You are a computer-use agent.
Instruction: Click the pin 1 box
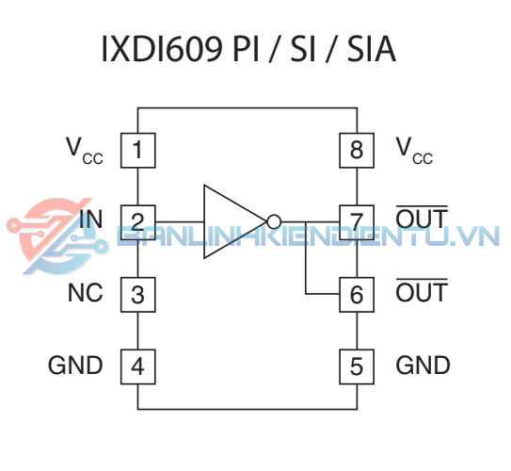pyautogui.click(x=137, y=151)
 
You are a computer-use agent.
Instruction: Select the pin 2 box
pyautogui.click(x=137, y=222)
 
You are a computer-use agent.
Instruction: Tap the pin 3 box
pyautogui.click(x=137, y=295)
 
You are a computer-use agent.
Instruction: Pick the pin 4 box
pyautogui.click(x=137, y=366)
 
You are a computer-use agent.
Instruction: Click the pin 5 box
pyautogui.click(x=357, y=366)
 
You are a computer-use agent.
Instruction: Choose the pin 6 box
pyautogui.click(x=357, y=295)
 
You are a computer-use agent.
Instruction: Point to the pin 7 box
pyautogui.click(x=357, y=222)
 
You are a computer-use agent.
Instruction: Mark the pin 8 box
pyautogui.click(x=357, y=151)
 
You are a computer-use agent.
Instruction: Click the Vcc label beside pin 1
pyautogui.click(x=85, y=151)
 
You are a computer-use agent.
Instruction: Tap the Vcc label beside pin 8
pyautogui.click(x=414, y=151)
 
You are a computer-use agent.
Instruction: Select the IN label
pyautogui.click(x=91, y=219)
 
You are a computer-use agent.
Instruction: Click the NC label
pyautogui.click(x=86, y=292)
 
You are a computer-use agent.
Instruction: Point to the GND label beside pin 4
pyautogui.click(x=75, y=365)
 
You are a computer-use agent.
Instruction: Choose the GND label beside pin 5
pyautogui.click(x=423, y=365)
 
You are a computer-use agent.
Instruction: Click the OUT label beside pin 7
pyautogui.click(x=422, y=217)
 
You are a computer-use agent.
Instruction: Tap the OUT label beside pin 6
pyautogui.click(x=422, y=290)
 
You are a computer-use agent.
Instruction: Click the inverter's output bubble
pyautogui.click(x=274, y=221)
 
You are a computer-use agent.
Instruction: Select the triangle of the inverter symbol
pyautogui.click(x=234, y=221)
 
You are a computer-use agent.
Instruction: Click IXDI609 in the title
pyautogui.click(x=162, y=49)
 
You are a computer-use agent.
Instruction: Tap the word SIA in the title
pyautogui.click(x=371, y=49)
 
